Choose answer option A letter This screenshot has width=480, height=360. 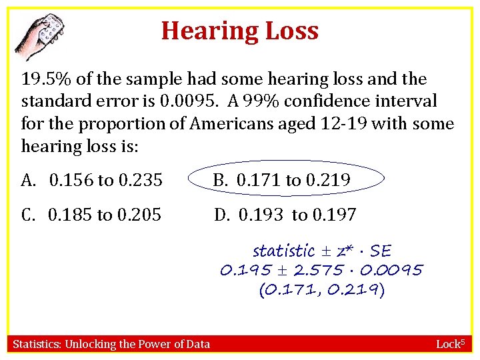[x=27, y=180]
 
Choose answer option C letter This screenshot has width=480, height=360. [x=27, y=215]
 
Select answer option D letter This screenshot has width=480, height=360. [x=222, y=215]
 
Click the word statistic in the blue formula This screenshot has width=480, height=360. [x=283, y=251]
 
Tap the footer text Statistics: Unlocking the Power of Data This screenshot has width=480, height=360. [x=111, y=344]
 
